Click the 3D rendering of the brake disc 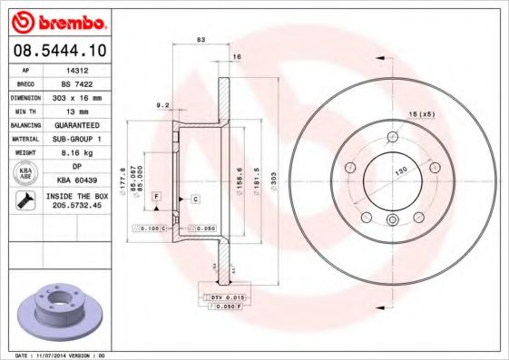point(57,308)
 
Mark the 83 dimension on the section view point(201,40)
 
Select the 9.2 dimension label point(164,105)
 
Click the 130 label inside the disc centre point(399,170)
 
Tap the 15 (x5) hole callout point(421,113)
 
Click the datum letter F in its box point(156,197)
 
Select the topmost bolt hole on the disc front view point(393,136)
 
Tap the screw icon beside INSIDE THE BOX point(23,201)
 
